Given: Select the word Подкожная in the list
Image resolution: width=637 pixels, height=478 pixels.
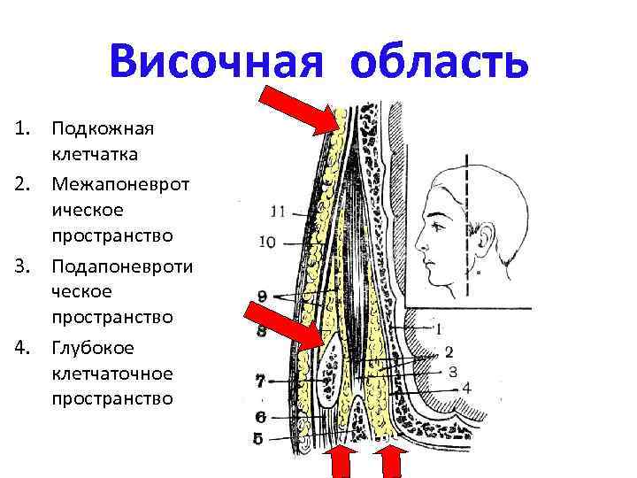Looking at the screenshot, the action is click(102, 129).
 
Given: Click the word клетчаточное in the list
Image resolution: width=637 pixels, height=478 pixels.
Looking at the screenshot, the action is click(111, 373).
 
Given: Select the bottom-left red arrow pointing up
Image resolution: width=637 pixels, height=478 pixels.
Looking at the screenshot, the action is click(342, 460).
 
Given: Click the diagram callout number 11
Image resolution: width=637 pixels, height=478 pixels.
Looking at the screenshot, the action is click(278, 212).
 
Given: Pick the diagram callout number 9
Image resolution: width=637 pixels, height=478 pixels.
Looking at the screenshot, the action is click(263, 295).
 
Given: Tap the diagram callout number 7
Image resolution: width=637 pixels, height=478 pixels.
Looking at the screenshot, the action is click(260, 382).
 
